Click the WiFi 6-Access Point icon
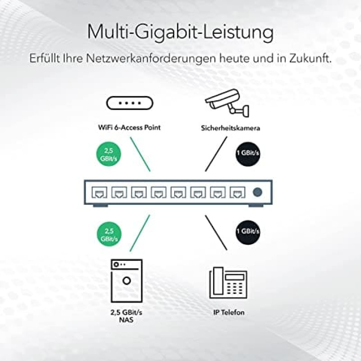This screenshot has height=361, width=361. [130, 103]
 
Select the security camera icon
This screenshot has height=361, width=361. [227, 103]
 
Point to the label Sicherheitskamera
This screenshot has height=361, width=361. [231, 128]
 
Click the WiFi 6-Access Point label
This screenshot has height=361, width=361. [130, 127]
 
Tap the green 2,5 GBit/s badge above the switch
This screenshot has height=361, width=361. [108, 154]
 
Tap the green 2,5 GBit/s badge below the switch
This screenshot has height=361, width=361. [109, 234]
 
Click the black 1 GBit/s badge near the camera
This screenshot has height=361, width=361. [248, 154]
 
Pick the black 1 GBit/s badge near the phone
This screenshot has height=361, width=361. [248, 232]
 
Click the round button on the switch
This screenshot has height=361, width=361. [257, 192]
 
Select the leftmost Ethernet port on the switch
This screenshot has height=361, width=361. [99, 192]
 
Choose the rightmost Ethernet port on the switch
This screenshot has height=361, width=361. [238, 192]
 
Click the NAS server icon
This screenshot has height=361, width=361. [127, 281]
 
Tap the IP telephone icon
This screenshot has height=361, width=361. [228, 283]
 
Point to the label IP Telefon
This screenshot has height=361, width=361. [229, 312]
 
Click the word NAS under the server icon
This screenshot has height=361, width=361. [126, 320]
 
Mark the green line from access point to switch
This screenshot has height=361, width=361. [140, 154]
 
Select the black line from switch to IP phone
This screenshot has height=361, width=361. [216, 232]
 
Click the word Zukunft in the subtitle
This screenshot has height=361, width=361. [310, 58]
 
